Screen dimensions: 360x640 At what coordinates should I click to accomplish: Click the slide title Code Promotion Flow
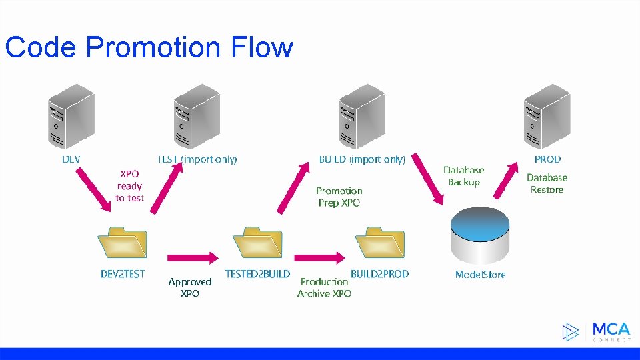(x=149, y=47)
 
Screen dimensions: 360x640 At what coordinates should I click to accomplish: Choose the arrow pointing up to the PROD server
(x=508, y=180)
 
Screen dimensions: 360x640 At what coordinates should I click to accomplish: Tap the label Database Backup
(x=464, y=177)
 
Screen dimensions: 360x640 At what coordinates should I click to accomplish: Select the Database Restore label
(x=547, y=183)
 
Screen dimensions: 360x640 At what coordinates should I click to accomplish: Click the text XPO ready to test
(x=129, y=186)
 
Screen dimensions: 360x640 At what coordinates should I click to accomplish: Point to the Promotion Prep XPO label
(x=339, y=197)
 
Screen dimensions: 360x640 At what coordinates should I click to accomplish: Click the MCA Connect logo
(x=597, y=331)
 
